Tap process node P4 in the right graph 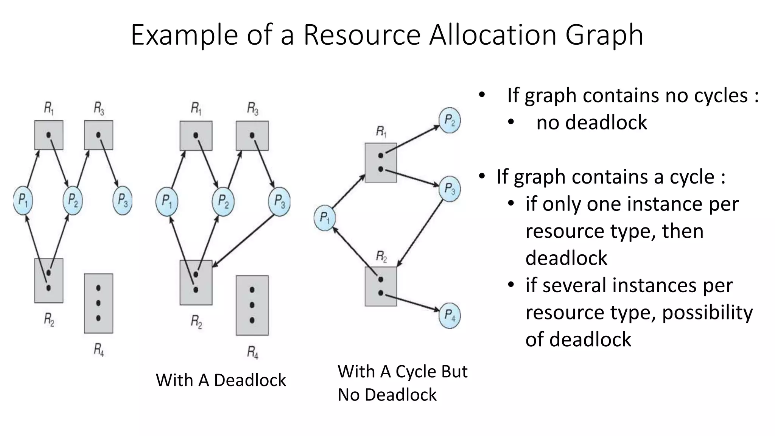coord(450,315)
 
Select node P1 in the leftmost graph coord(23,200)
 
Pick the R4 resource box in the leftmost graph coord(98,303)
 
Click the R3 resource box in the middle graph coord(252,135)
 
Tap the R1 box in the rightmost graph coord(381,162)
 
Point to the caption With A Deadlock coord(221,380)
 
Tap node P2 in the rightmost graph coord(450,121)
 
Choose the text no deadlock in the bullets coord(591,123)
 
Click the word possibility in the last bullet coord(707,313)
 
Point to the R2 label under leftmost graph coord(49,320)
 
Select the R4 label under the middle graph coord(252,352)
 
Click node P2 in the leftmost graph coord(73,200)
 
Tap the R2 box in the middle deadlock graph coord(196,282)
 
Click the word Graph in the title coord(604,35)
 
